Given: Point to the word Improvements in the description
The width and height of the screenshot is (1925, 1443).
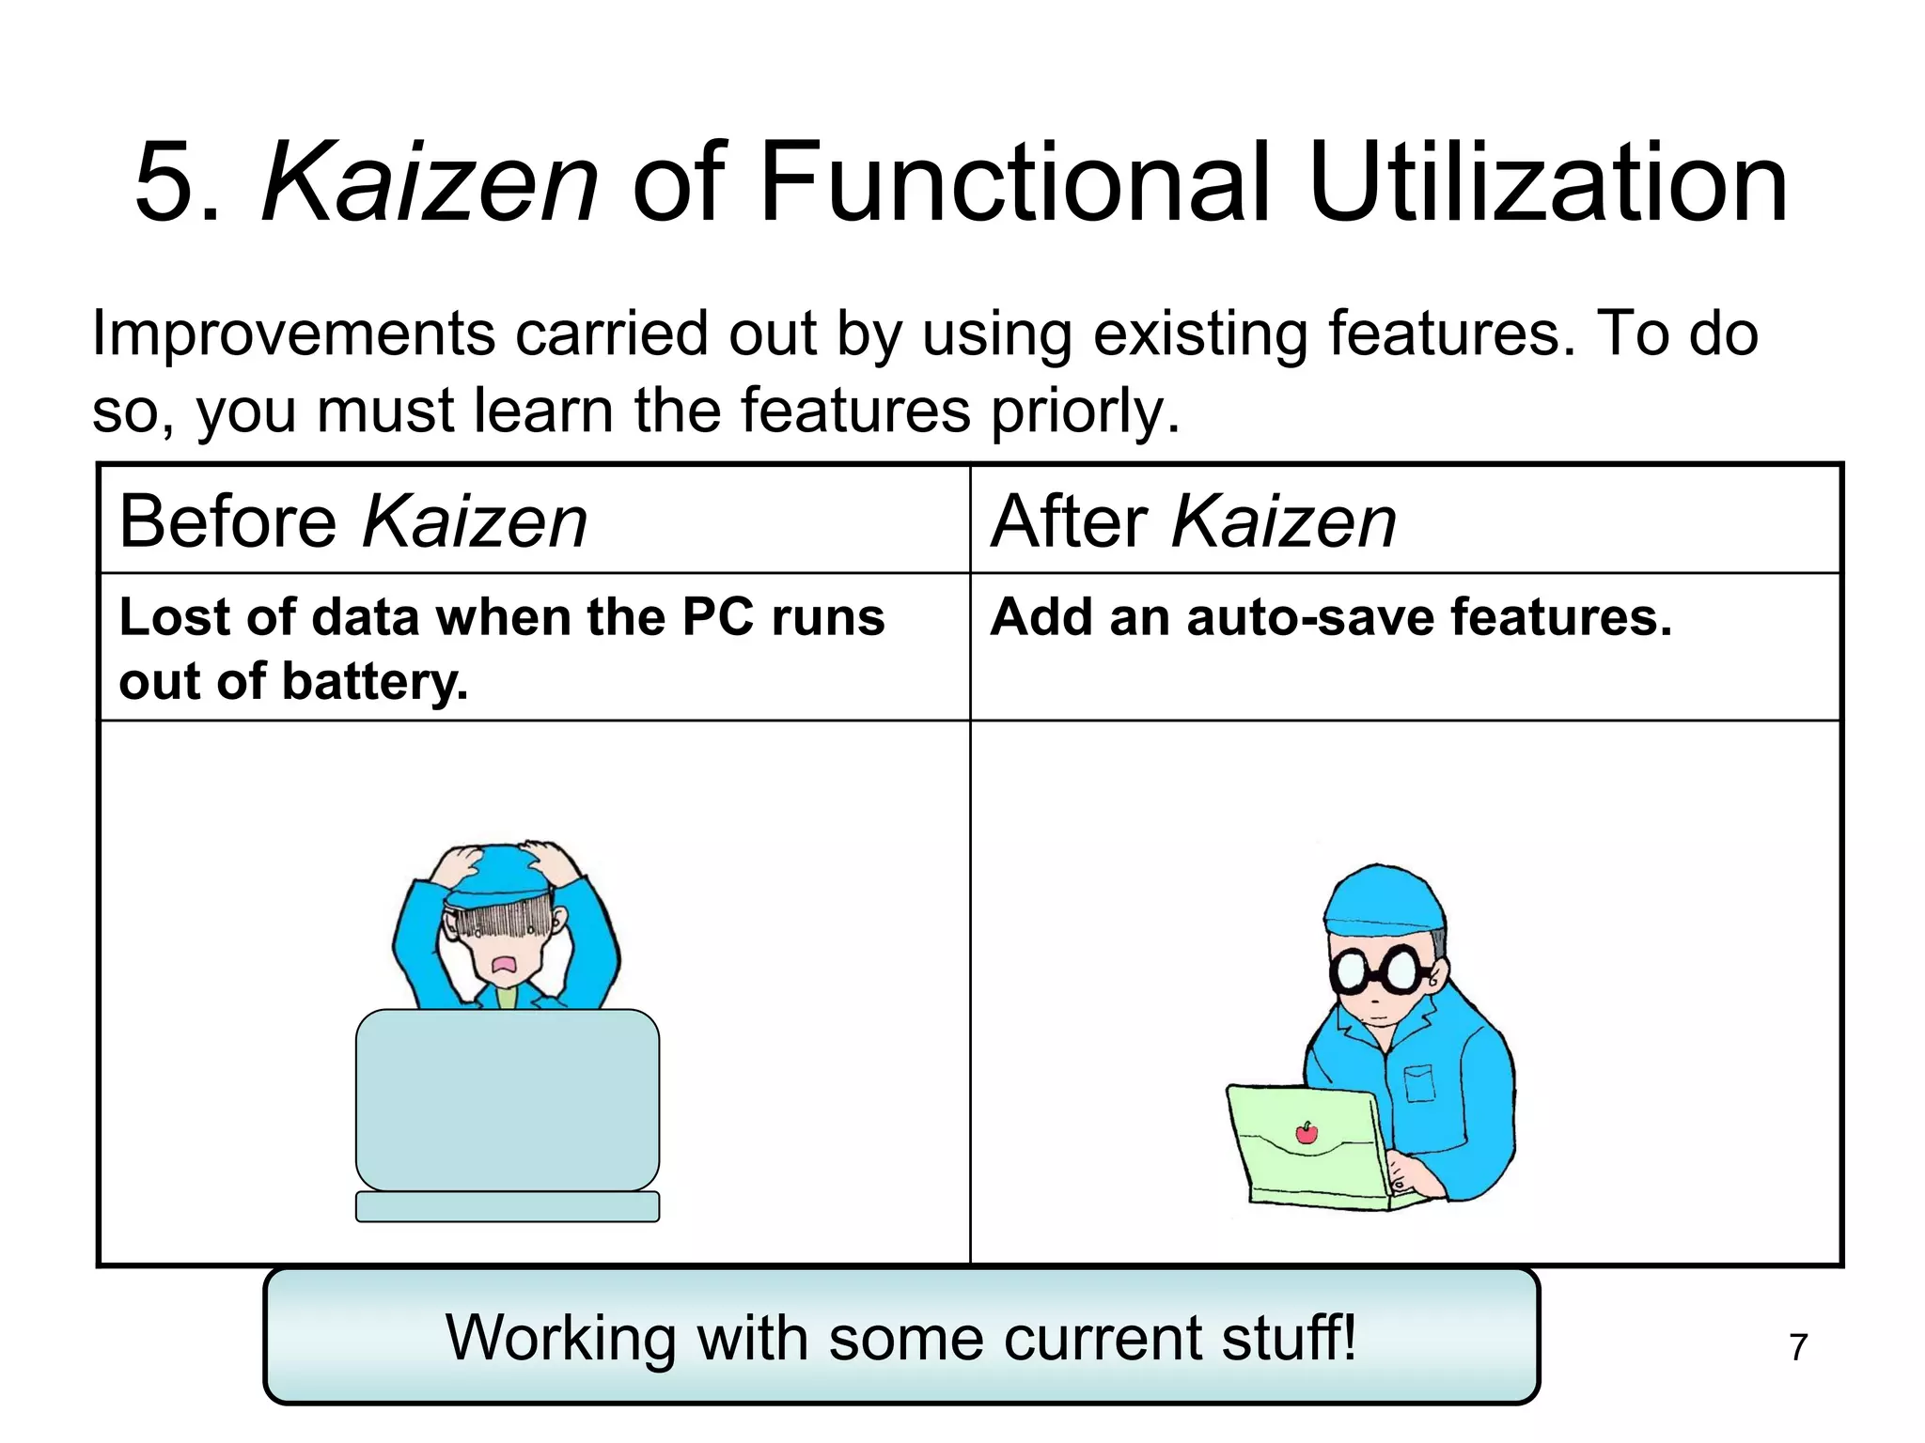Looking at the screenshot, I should (292, 335).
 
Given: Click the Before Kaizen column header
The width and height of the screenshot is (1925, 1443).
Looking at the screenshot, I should (353, 521).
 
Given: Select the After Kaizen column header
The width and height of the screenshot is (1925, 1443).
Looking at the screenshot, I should (1193, 521).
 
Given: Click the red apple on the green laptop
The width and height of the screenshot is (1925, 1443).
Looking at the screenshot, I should (1307, 1134).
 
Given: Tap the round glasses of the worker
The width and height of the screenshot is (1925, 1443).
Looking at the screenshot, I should (1376, 970).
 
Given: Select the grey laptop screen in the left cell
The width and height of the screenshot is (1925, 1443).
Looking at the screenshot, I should (508, 1099).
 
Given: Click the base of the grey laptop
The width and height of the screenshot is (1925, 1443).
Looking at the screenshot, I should (508, 1206).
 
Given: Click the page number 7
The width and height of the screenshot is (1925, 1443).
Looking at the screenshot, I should (1797, 1347).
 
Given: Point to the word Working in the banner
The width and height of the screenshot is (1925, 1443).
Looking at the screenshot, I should (560, 1337).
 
